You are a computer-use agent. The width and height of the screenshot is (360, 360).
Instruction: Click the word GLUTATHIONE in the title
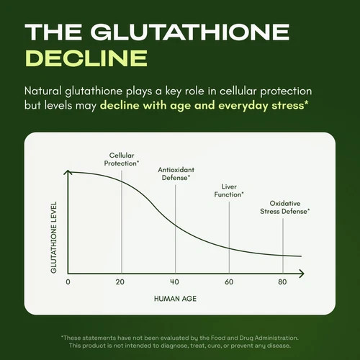coord(190,32)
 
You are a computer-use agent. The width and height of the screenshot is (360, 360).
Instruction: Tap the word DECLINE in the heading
coord(86,58)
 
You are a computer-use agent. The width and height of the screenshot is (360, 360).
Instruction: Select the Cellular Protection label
coord(122,159)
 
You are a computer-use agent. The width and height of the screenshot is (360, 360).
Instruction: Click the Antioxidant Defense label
coord(176,174)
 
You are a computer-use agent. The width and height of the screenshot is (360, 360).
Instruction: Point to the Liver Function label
coord(229,190)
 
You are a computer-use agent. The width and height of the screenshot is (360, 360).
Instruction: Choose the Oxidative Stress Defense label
coord(285,207)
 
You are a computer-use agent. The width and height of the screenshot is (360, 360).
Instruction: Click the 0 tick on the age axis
coord(68,282)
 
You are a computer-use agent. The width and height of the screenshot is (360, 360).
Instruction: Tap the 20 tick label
coord(120,282)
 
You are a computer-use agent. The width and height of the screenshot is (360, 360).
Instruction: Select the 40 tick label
coord(174,282)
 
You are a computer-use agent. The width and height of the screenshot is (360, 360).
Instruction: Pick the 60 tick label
coord(229,282)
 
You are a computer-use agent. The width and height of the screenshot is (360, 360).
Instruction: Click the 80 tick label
coord(282,282)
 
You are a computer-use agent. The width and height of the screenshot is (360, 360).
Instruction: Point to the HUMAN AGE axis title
coord(175,299)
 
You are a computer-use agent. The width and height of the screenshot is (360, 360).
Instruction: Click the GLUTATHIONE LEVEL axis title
coord(54,237)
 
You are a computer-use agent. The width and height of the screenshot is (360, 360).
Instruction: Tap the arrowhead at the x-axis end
coord(302,274)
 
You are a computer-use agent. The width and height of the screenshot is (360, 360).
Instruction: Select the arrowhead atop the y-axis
coord(68,172)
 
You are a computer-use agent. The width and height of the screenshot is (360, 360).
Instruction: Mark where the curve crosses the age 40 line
coord(176,225)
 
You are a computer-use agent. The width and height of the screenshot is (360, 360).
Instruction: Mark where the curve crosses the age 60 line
coord(229,248)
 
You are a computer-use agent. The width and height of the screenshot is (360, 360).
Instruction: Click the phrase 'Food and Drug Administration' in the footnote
coord(255,338)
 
